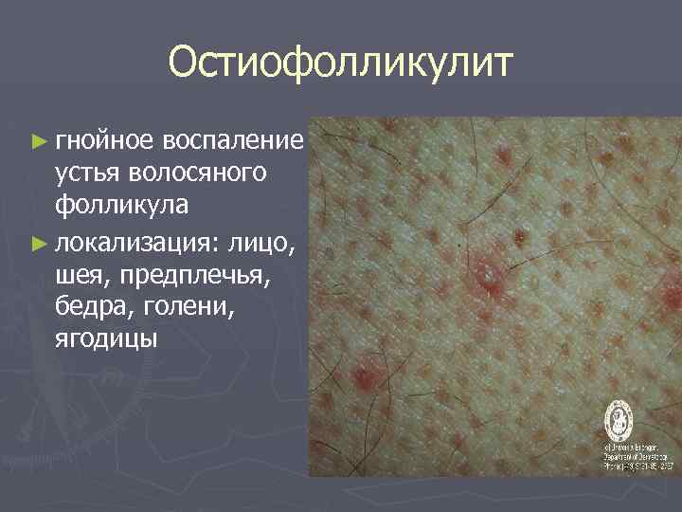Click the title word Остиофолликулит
(340, 64)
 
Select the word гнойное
(104, 141)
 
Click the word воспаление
(231, 141)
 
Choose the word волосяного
(198, 174)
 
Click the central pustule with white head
(490, 276)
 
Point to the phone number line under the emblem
(639, 466)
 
